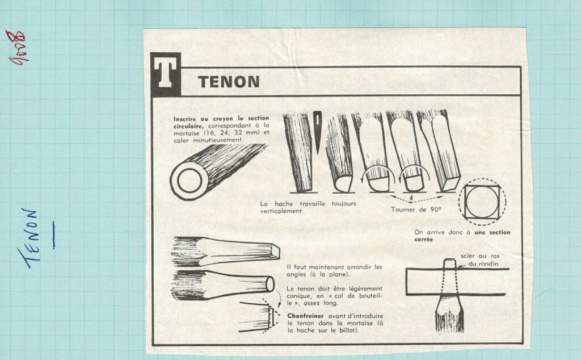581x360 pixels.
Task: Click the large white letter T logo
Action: point(165,74)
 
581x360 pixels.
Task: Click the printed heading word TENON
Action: point(229,82)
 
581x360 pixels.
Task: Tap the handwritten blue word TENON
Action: point(29,238)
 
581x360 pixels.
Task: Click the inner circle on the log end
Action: point(190,181)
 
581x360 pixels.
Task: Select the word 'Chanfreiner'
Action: point(305,316)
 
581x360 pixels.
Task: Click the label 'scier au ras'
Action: point(480,256)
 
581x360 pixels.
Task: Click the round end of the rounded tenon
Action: point(270,284)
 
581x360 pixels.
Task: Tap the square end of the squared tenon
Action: point(275,251)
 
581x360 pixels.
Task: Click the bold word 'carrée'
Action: point(423,240)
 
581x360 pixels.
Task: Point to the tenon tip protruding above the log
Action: point(449,263)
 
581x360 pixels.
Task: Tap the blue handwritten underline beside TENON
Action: point(54,235)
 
